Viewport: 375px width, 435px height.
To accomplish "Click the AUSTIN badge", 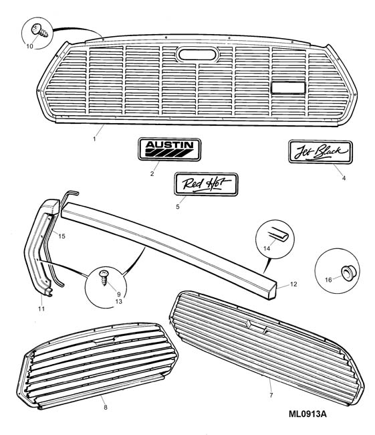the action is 169,149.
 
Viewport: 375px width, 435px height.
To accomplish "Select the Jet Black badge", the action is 320,152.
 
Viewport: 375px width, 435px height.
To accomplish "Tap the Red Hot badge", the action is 206,184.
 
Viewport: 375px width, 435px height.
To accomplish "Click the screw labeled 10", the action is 39,30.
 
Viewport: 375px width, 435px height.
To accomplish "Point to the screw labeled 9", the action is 104,278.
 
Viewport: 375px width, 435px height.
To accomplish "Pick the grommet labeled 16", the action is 346,272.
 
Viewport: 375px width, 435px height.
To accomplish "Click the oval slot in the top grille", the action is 198,54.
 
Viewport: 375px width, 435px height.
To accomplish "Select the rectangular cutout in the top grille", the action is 288,88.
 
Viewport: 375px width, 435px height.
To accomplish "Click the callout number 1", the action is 94,139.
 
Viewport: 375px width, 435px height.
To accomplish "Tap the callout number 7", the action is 271,395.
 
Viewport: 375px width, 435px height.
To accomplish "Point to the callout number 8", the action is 106,408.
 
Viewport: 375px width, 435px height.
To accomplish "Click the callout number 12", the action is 293,284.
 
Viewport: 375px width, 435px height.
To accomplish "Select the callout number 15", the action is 61,236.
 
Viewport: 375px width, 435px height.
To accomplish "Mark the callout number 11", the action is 41,309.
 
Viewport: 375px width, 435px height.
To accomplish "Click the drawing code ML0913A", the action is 307,414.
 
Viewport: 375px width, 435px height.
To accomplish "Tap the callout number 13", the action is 118,302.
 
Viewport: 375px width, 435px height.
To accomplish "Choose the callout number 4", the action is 344,178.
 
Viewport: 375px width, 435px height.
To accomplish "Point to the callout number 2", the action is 152,174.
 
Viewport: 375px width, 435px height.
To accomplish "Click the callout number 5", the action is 178,207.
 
